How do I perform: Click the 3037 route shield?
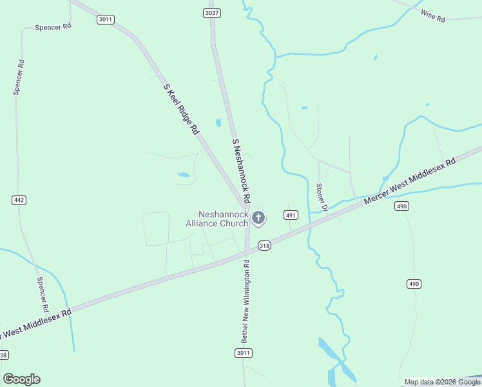pyautogui.click(x=211, y=13)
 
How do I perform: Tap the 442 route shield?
pyautogui.click(x=19, y=200)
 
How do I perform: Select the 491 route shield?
pyautogui.click(x=291, y=215)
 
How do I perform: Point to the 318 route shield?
pyautogui.click(x=264, y=246)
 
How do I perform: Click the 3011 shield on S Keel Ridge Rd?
pyautogui.click(x=106, y=19)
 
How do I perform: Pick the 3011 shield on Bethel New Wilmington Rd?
pyautogui.click(x=243, y=353)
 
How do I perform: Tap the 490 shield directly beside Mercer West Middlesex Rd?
pyautogui.click(x=402, y=206)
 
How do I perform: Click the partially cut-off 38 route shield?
pyautogui.click(x=4, y=355)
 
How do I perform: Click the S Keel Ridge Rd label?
pyautogui.click(x=181, y=108)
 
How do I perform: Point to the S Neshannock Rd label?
pyautogui.click(x=240, y=168)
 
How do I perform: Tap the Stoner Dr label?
pyautogui.click(x=322, y=197)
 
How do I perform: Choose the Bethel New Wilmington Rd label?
pyautogui.click(x=245, y=301)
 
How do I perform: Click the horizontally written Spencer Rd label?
pyautogui.click(x=53, y=27)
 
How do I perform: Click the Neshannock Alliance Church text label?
pyautogui.click(x=224, y=219)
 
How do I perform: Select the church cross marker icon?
pyautogui.click(x=258, y=218)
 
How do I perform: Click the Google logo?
pyautogui.click(x=21, y=379)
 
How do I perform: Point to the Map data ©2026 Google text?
pyautogui.click(x=442, y=382)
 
